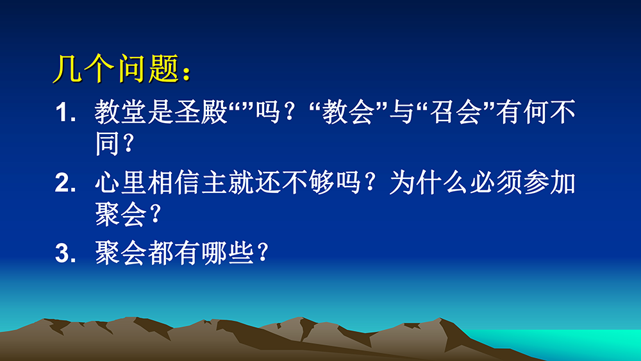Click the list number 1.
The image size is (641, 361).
(x=65, y=112)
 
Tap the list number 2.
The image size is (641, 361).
(x=65, y=183)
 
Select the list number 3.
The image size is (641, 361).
(x=65, y=253)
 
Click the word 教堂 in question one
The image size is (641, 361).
(x=121, y=112)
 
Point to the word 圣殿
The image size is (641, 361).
(x=201, y=112)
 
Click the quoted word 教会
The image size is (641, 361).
(x=348, y=112)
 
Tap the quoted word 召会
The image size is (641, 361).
(x=455, y=112)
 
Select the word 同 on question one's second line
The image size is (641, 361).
(x=108, y=143)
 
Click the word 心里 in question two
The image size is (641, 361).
(x=121, y=182)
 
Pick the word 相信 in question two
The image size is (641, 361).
(x=174, y=182)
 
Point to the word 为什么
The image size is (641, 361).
(x=428, y=182)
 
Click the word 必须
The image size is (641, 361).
(x=495, y=182)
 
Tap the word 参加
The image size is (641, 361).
(x=549, y=182)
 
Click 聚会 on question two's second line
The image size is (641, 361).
(x=121, y=214)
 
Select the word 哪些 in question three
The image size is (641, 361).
(x=228, y=253)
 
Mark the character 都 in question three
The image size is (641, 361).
(x=161, y=253)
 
